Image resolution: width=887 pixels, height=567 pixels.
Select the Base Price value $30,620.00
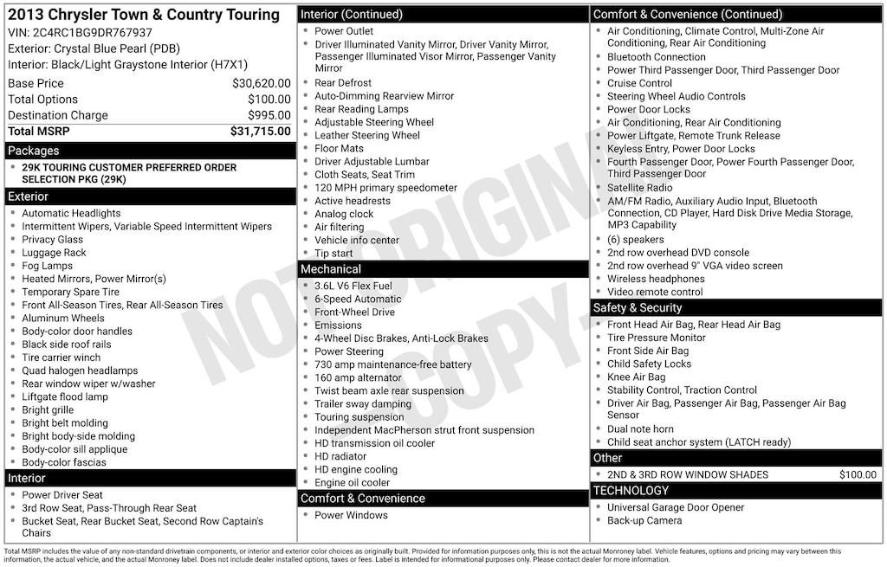(261, 83)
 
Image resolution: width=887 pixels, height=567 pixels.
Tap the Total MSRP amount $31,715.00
(260, 131)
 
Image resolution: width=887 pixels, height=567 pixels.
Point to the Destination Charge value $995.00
(269, 115)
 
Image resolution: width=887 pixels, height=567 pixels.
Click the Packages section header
(34, 151)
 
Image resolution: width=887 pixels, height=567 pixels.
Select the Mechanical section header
(331, 269)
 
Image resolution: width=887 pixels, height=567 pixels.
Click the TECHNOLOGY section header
(631, 491)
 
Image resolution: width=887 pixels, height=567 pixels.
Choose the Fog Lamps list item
(48, 266)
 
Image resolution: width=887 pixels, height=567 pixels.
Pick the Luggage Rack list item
(54, 253)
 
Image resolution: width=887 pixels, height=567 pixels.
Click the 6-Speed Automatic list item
(358, 299)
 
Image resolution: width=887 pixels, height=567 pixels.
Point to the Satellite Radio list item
(640, 187)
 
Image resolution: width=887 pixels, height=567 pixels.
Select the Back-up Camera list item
(644, 520)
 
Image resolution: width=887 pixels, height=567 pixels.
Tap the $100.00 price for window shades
(858, 474)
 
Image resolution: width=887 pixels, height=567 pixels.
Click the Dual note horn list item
(640, 428)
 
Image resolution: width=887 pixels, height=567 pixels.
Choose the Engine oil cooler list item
(352, 482)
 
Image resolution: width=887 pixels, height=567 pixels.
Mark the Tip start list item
(333, 253)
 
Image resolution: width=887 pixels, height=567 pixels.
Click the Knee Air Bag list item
(637, 377)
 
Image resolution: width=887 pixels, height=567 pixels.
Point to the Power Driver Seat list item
(62, 495)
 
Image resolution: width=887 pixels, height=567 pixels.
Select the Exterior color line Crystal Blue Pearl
(94, 48)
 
